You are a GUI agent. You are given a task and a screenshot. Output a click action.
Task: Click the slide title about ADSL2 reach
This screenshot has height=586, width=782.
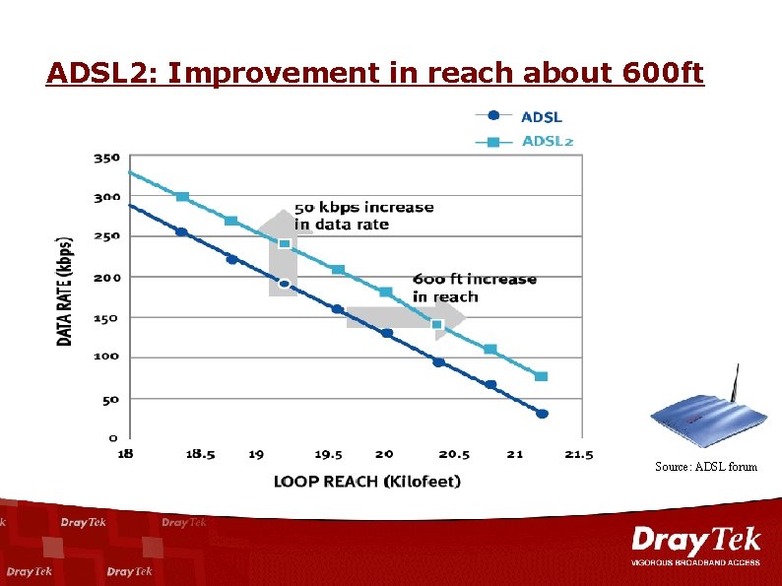point(375,74)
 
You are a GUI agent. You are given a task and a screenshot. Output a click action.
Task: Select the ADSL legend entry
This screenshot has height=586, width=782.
point(541,117)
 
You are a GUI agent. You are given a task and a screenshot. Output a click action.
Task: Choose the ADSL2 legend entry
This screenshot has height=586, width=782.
point(547,141)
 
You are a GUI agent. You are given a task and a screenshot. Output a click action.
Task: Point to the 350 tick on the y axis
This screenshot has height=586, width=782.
point(106,157)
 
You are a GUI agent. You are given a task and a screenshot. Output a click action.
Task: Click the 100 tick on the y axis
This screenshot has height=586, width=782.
point(106,357)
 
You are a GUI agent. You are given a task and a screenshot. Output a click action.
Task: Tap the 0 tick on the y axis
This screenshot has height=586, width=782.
point(112,437)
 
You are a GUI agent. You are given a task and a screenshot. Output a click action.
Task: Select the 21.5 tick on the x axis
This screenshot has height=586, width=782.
point(580,454)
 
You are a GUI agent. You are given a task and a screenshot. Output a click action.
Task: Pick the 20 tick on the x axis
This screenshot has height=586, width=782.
point(384,454)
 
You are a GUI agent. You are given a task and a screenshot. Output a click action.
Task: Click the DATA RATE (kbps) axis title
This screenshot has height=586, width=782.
point(65,290)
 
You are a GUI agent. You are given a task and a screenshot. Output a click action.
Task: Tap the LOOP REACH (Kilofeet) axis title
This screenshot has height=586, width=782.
point(366,481)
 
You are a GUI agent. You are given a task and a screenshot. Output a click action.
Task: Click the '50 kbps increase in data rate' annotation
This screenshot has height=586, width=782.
point(363,216)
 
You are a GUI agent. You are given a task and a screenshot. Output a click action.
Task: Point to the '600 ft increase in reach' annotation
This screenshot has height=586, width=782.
point(474,288)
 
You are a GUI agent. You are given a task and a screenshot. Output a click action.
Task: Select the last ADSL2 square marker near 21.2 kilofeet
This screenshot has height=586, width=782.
point(541,376)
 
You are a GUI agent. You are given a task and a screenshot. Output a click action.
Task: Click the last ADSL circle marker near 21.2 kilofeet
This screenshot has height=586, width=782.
point(542,414)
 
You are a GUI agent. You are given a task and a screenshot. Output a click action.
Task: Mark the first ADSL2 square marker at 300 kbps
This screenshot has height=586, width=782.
point(182,197)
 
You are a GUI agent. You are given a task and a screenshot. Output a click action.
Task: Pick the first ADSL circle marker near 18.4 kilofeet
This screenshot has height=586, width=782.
point(181,231)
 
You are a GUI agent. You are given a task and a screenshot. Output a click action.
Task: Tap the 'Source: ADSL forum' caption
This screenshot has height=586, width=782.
point(706,466)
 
